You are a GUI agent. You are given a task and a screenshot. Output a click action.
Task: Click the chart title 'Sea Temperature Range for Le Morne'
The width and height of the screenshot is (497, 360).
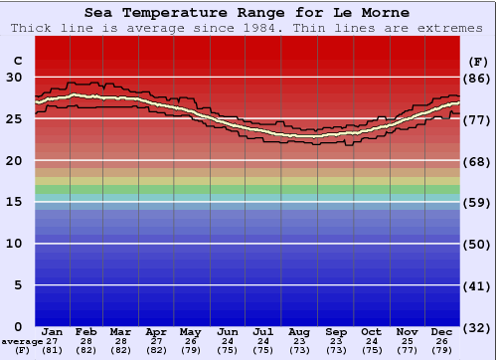(x=247, y=13)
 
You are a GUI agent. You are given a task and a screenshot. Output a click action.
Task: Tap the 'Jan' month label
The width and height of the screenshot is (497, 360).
(x=53, y=331)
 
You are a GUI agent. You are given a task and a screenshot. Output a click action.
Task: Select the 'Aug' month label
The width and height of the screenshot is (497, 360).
(x=298, y=331)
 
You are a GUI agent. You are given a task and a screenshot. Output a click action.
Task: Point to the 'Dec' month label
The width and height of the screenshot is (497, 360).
(x=442, y=331)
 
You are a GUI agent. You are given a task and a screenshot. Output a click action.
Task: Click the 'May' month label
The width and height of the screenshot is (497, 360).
(x=190, y=331)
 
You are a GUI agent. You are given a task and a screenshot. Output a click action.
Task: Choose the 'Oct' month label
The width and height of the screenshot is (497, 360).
(x=371, y=331)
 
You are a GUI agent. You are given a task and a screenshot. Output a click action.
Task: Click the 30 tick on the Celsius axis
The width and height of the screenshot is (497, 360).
(x=14, y=77)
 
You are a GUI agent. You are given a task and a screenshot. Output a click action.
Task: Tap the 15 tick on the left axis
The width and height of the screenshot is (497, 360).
(x=14, y=202)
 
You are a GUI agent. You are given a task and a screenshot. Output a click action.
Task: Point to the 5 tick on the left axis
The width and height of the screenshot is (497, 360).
(x=18, y=285)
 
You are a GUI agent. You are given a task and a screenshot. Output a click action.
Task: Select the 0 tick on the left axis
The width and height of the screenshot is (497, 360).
(x=18, y=326)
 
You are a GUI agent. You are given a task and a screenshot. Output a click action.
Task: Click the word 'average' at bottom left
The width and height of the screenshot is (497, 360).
(x=22, y=341)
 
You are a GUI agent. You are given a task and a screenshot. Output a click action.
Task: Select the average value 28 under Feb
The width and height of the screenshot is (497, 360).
(x=86, y=341)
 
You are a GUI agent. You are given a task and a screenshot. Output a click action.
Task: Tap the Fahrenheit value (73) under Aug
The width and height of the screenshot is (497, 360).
(x=298, y=350)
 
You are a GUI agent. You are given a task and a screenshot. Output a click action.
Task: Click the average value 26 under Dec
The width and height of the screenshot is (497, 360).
(x=442, y=341)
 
